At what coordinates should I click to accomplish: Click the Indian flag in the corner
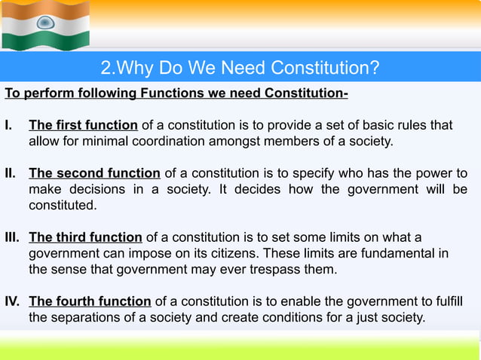click(x=46, y=24)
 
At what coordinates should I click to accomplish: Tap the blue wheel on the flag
click(x=46, y=23)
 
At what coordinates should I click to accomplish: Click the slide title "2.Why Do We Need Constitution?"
click(x=240, y=69)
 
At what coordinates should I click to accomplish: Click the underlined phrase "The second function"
click(x=94, y=172)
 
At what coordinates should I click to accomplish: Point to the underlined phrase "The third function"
click(x=85, y=238)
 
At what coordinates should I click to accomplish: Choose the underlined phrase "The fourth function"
click(x=90, y=302)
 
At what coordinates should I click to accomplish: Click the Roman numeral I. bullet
click(x=9, y=125)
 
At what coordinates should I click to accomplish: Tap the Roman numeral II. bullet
click(x=11, y=172)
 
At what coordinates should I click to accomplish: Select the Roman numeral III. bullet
click(x=13, y=238)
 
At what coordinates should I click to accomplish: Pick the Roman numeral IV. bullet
click(x=13, y=302)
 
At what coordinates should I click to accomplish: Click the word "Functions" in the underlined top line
click(x=163, y=93)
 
